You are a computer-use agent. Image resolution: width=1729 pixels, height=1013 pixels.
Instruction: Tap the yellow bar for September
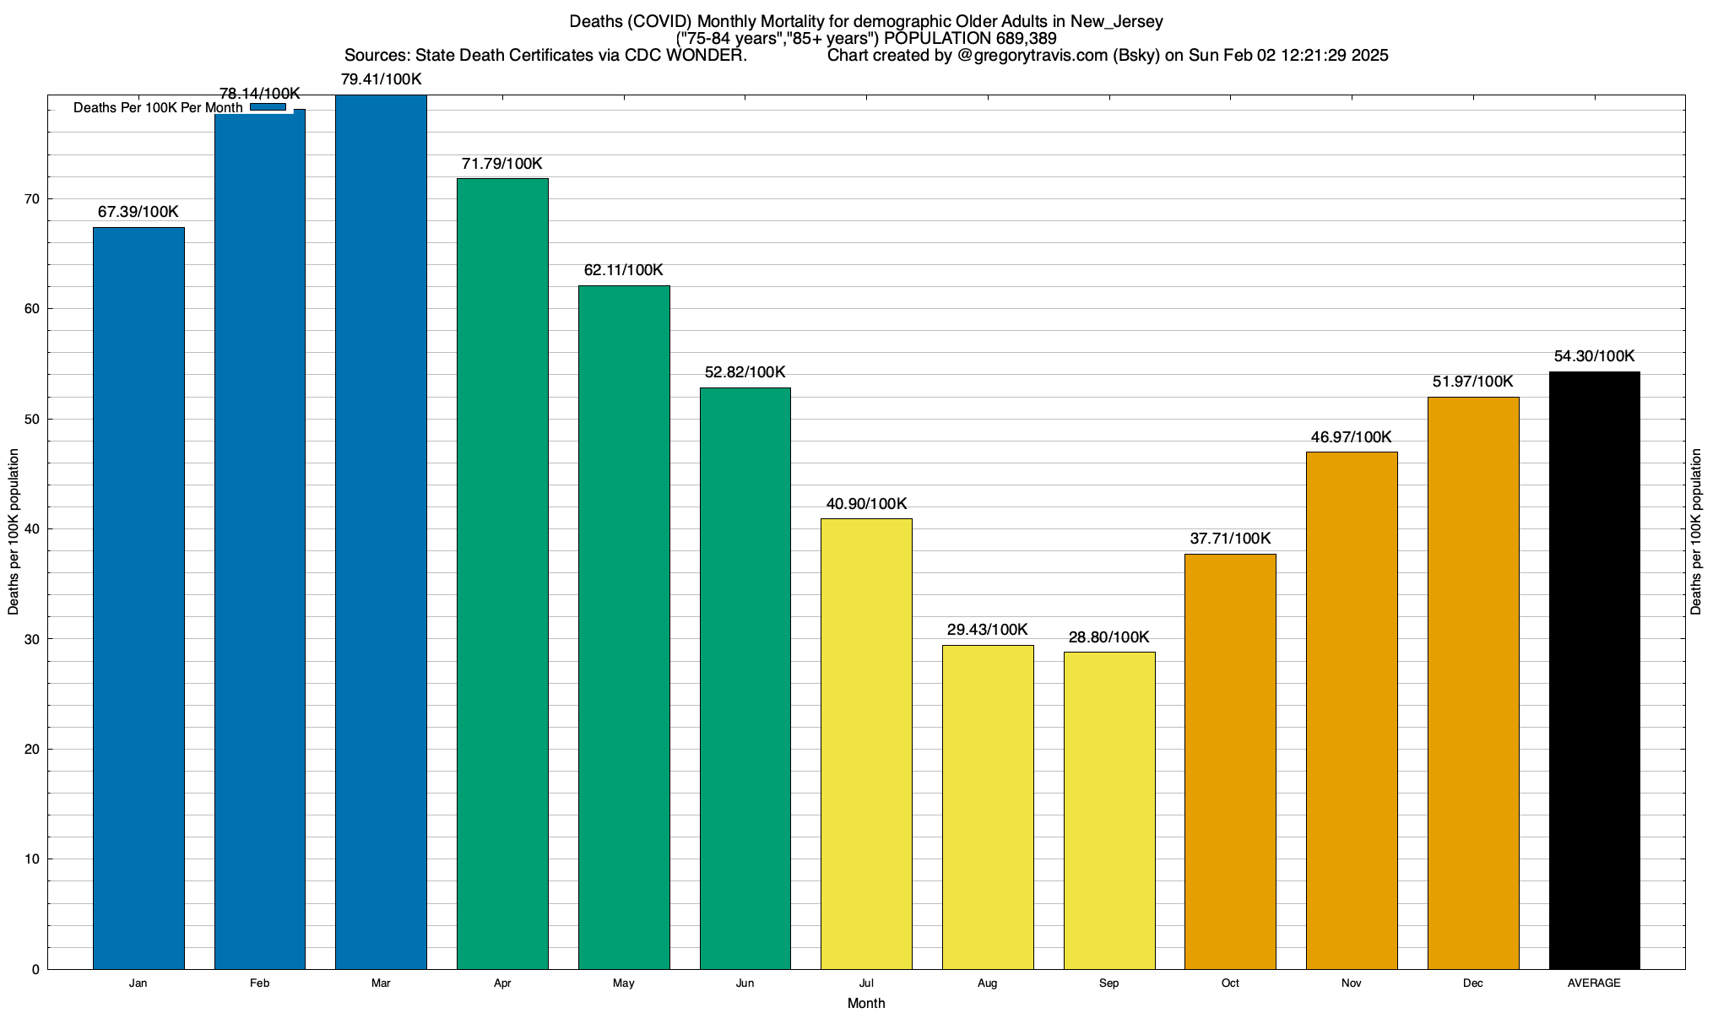[1109, 810]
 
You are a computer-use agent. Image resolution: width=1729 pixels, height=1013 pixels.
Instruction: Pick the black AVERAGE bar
[1595, 670]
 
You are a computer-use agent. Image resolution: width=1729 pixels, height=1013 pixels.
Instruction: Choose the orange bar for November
[1352, 710]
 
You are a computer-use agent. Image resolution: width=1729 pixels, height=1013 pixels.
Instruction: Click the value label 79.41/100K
[381, 79]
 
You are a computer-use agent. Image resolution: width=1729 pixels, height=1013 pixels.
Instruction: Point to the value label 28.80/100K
[1109, 637]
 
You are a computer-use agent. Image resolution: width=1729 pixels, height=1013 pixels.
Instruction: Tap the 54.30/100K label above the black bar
[1595, 356]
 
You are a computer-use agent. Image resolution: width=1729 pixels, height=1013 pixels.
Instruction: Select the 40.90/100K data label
[866, 504]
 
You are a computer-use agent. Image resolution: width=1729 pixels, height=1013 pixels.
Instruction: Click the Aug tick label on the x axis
[988, 983]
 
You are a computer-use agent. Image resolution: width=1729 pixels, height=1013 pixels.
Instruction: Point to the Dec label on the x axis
[1473, 983]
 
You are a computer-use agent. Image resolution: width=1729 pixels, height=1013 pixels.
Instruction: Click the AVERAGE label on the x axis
[1595, 983]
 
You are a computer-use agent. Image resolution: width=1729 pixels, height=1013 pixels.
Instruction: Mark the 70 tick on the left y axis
[32, 199]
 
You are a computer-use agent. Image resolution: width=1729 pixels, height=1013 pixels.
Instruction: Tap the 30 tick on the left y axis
[32, 639]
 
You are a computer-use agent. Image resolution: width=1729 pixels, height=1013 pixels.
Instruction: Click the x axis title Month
[866, 1003]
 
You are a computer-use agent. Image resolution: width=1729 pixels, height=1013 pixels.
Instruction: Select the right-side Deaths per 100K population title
[1696, 531]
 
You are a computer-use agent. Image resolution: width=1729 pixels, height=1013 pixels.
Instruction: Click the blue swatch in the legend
[268, 107]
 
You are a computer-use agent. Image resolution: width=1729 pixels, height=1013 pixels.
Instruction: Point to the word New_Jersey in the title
[1116, 21]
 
